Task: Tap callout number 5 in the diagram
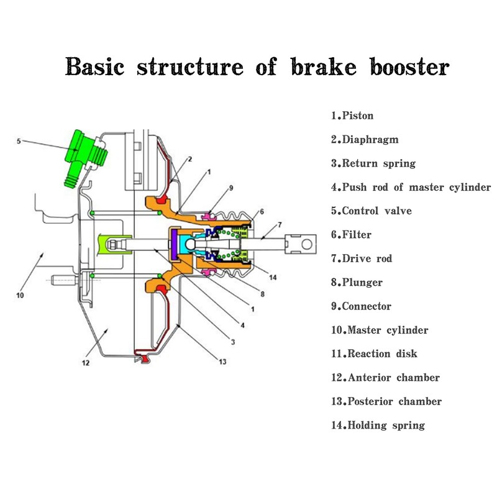pos(19,141)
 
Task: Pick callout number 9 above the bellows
pos(231,186)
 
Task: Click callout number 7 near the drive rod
pos(280,224)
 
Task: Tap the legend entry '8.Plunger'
pos(357,283)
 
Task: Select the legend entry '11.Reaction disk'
pos(374,354)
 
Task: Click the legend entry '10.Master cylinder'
pos(380,331)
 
